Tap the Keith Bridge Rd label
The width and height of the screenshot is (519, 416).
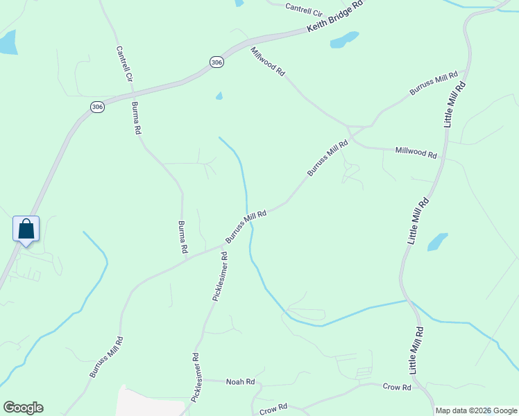click(x=335, y=17)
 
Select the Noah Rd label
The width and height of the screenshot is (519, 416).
click(x=241, y=381)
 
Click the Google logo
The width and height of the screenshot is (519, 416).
click(x=23, y=408)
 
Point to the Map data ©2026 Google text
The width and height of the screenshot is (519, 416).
click(x=475, y=410)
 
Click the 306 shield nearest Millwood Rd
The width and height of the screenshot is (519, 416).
click(x=216, y=62)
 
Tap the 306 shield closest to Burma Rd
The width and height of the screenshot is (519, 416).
click(x=97, y=107)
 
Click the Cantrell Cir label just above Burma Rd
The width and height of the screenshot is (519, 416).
click(x=124, y=64)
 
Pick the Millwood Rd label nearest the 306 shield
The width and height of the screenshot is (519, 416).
click(x=268, y=61)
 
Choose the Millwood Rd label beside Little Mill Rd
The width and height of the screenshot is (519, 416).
click(x=416, y=152)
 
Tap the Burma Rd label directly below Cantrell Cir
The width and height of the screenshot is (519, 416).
click(x=137, y=118)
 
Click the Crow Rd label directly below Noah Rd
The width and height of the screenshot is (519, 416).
click(x=273, y=409)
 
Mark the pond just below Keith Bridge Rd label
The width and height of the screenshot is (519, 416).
click(x=344, y=40)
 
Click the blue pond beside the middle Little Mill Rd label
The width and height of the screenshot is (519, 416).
click(x=437, y=241)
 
